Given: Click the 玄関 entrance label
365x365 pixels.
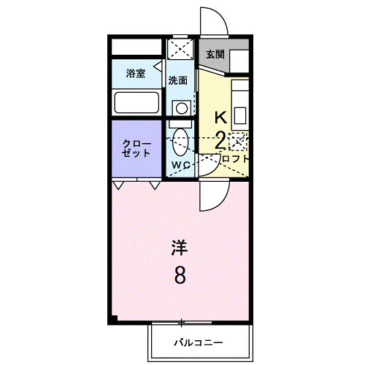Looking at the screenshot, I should click(x=214, y=55).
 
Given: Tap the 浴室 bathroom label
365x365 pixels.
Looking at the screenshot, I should click(x=135, y=74).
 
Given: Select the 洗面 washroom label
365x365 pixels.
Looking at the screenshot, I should click(x=178, y=80).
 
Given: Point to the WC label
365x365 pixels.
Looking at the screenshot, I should click(x=181, y=165).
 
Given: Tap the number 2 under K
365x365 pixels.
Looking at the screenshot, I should click(x=220, y=141).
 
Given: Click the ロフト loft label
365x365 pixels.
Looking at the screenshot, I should click(x=234, y=158).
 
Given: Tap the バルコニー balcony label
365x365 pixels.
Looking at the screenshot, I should click(x=198, y=342).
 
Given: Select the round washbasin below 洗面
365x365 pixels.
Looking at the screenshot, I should click(x=181, y=108).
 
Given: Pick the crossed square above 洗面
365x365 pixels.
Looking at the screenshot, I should click(x=181, y=50).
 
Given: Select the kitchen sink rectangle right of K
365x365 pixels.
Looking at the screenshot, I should click(x=242, y=115).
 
